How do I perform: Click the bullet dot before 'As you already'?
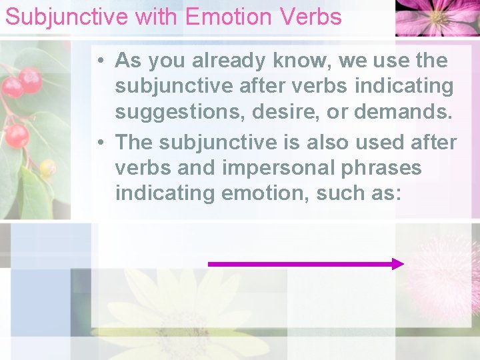[98, 61]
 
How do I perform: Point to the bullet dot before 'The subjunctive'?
[98, 143]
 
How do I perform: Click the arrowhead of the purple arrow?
[398, 264]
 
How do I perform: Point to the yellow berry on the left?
[47, 168]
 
